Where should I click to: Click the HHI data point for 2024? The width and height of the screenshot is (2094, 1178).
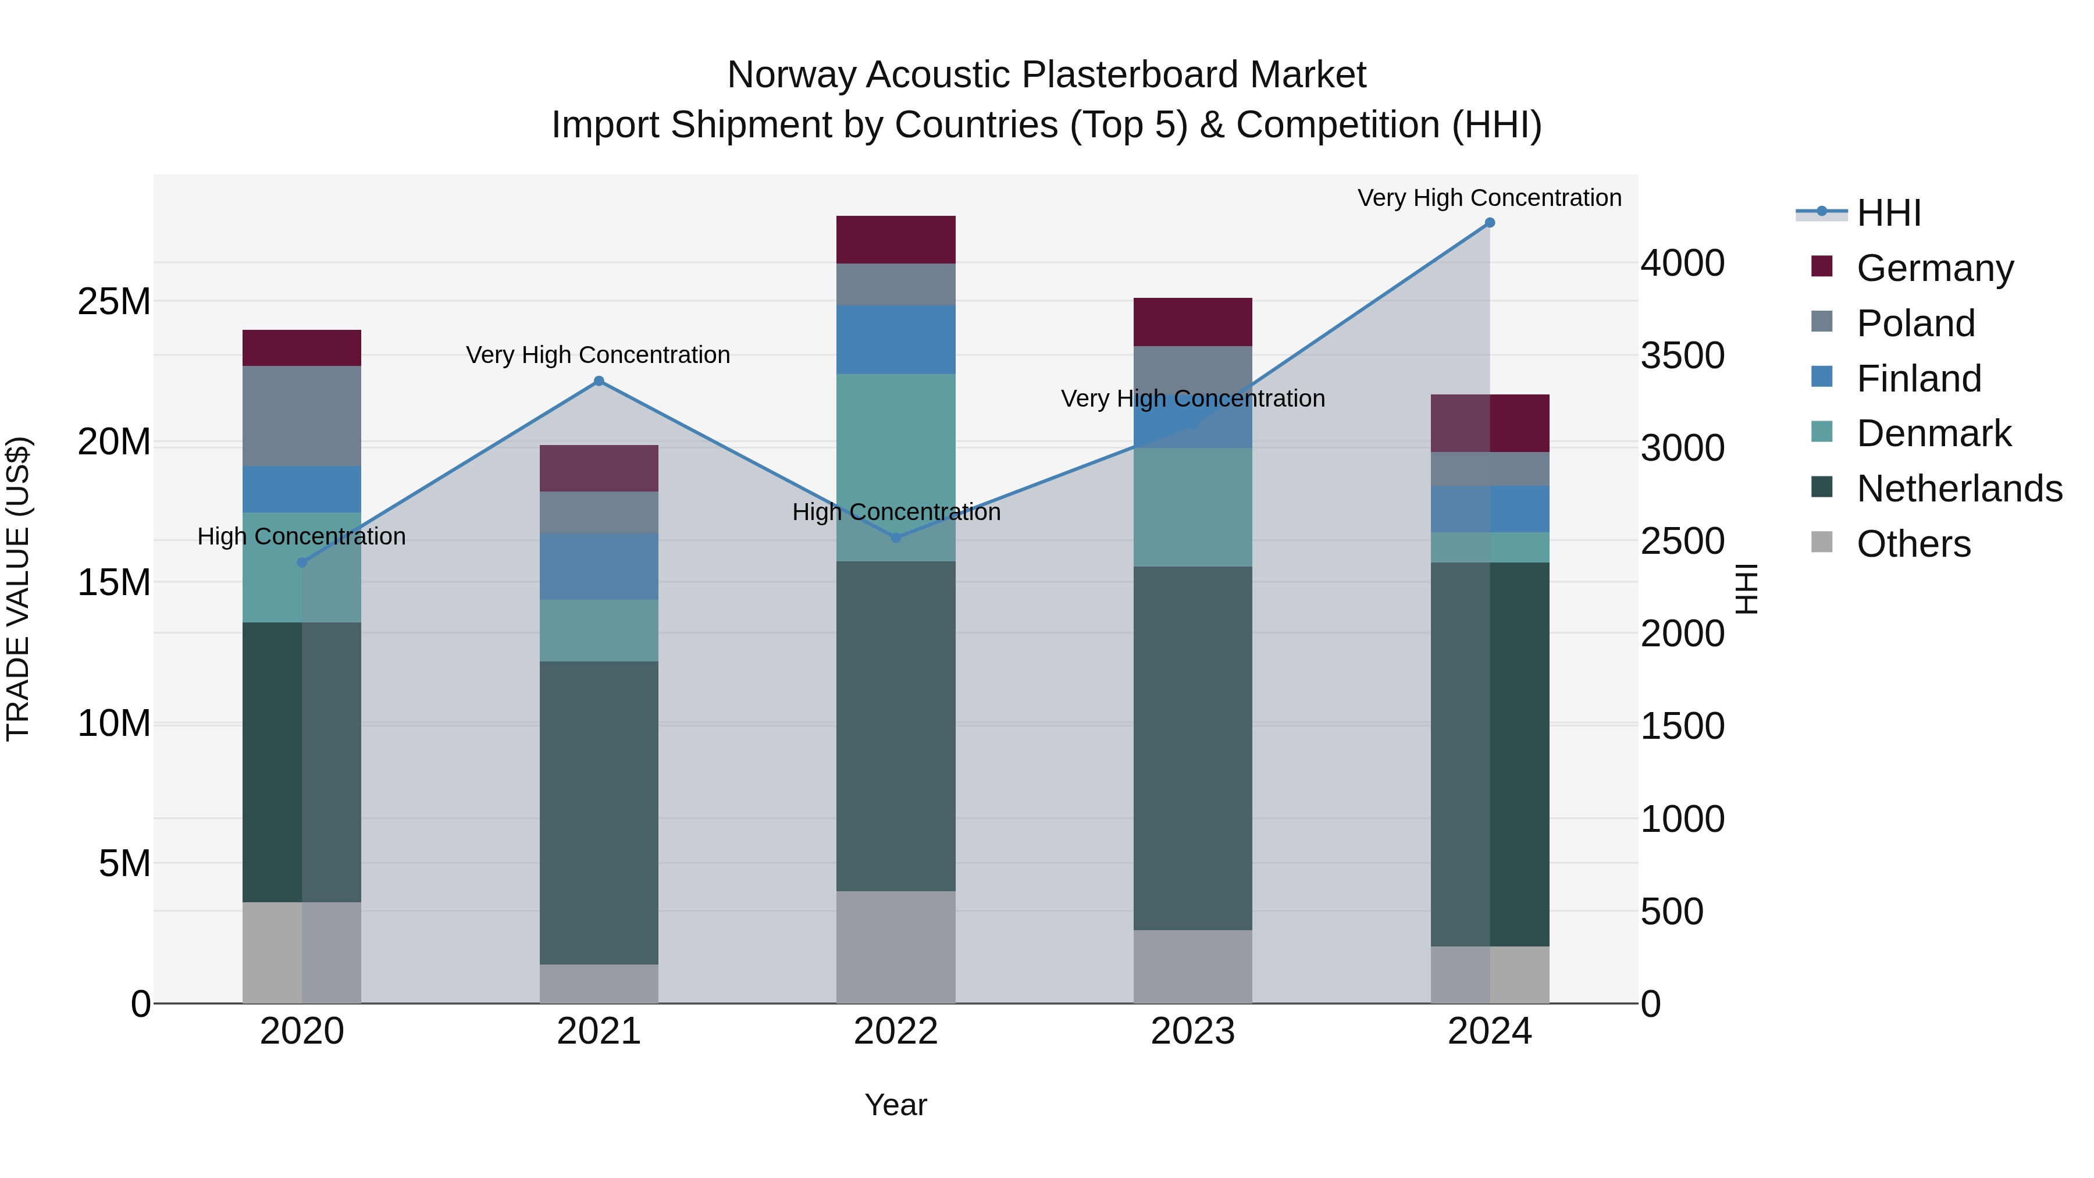pyautogui.click(x=1489, y=223)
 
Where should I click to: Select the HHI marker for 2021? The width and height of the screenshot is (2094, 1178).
pyautogui.click(x=599, y=381)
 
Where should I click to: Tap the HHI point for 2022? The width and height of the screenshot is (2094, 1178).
pyautogui.click(x=896, y=538)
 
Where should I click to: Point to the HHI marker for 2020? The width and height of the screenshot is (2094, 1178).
pyautogui.click(x=302, y=563)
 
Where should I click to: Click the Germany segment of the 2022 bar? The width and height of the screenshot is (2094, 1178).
pyautogui.click(x=896, y=240)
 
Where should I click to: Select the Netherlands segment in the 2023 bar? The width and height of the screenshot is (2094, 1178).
pyautogui.click(x=1192, y=748)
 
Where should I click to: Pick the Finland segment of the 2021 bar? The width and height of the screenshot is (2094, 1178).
pyautogui.click(x=599, y=567)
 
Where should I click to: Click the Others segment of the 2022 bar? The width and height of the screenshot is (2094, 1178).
pyautogui.click(x=896, y=947)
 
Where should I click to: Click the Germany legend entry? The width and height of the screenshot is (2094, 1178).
pyautogui.click(x=1935, y=268)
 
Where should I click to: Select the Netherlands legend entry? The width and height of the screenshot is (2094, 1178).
pyautogui.click(x=1959, y=489)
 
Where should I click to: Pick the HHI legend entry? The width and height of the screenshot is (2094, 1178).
pyautogui.click(x=1888, y=213)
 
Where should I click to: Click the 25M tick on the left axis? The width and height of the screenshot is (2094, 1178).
pyautogui.click(x=114, y=301)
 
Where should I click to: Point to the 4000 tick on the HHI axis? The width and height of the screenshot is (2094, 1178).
pyautogui.click(x=1682, y=264)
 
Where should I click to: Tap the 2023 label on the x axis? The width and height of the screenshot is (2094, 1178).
pyautogui.click(x=1192, y=1031)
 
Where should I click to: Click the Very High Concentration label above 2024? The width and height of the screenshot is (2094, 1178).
pyautogui.click(x=1489, y=198)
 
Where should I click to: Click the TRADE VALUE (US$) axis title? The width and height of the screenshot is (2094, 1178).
pyautogui.click(x=18, y=589)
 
